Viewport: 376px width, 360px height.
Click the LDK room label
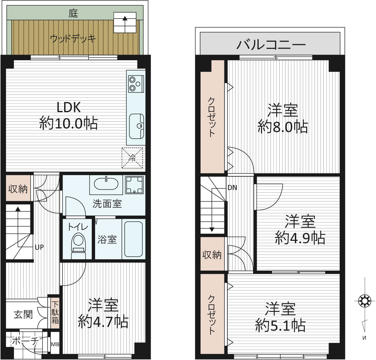(x=68, y=107)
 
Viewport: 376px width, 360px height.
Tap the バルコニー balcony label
(x=271, y=45)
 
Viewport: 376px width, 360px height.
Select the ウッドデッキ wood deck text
(x=73, y=38)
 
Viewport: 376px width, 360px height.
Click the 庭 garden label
(x=73, y=13)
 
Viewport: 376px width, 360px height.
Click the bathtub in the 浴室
(x=134, y=239)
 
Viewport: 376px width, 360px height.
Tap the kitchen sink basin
(x=136, y=126)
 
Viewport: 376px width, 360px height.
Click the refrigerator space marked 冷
(x=132, y=158)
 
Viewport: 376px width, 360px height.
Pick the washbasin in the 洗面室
(x=106, y=184)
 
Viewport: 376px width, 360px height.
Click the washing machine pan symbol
(x=134, y=185)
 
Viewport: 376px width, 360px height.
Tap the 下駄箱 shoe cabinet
(x=55, y=313)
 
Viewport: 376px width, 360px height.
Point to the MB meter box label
(x=55, y=344)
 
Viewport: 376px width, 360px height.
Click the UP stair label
(x=39, y=247)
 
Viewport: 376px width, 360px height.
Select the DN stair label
(x=232, y=187)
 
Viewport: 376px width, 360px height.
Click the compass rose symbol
(x=364, y=301)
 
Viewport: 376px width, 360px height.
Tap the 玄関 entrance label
(x=23, y=314)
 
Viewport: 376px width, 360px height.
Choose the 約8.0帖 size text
(x=283, y=127)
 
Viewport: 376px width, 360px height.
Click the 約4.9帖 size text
(x=300, y=238)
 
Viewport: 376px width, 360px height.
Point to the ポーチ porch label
(x=25, y=341)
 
